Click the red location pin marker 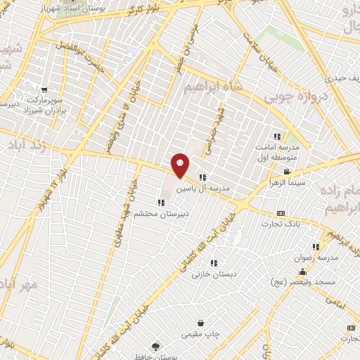181,165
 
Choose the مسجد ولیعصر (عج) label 302,282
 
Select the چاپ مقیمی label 201,335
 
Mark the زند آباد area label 20,144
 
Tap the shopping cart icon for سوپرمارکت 44,90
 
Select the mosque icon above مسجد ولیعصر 302,271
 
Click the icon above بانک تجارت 281,213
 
